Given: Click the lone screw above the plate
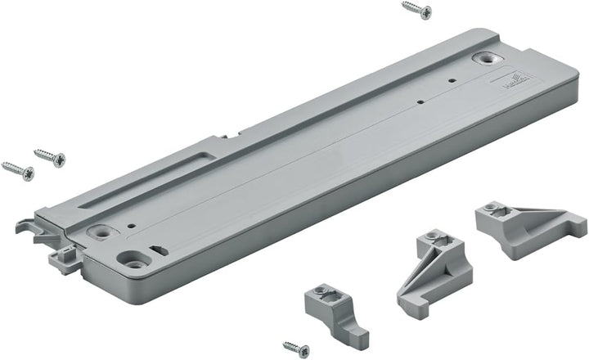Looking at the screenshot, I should tap(417, 10).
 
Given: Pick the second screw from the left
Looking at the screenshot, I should tap(49, 156).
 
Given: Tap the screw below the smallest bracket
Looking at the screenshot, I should tap(296, 349).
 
